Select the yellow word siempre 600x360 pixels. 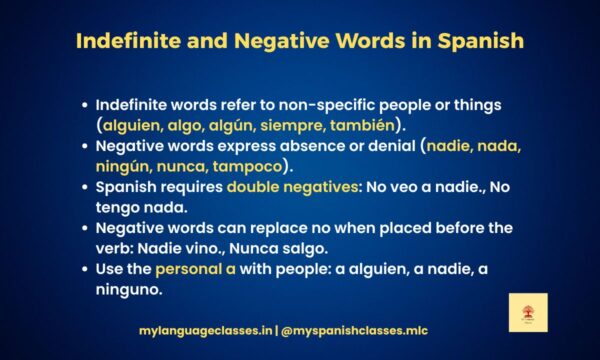click(x=304, y=125)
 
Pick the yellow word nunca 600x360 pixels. click(x=192, y=166)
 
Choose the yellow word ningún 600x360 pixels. click(x=126, y=166)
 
